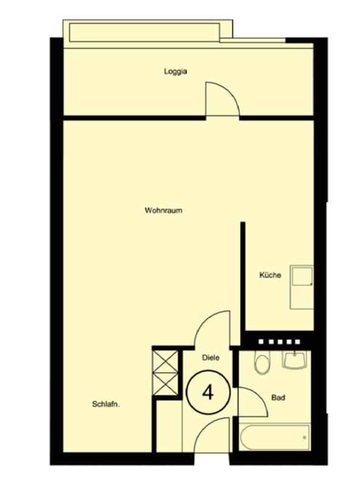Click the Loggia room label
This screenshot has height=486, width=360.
click(x=175, y=72)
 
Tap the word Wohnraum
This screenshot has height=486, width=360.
click(x=164, y=210)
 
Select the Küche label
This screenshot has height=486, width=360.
click(x=271, y=275)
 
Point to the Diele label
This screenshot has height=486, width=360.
click(x=211, y=357)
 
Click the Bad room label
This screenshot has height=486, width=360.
click(x=278, y=397)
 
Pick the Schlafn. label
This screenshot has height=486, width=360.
click(x=106, y=404)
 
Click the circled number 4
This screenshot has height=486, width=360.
click(x=208, y=392)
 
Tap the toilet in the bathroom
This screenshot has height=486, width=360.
click(x=262, y=363)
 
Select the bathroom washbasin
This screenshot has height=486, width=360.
click(x=294, y=360)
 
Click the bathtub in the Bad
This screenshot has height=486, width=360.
click(x=275, y=437)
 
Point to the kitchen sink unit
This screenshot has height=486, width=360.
click(x=302, y=287)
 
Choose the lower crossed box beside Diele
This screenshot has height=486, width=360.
click(x=166, y=383)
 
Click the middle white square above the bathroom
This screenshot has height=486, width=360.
click(x=280, y=342)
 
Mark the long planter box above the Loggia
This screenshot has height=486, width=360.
click(x=145, y=33)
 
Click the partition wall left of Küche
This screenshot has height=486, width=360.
click(x=243, y=276)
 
